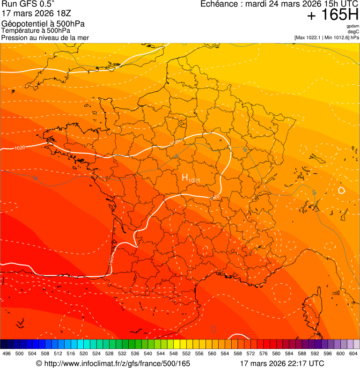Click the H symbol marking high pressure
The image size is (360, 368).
coord(184,177)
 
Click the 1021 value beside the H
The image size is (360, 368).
coord(194,181)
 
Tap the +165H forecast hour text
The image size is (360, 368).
coord(333,15)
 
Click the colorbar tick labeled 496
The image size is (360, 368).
coord(7,353)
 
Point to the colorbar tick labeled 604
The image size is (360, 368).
coord(353,353)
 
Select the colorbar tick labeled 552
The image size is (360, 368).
coord(186,353)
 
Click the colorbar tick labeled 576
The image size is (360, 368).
coord(263,353)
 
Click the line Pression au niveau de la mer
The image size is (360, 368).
coord(45,37)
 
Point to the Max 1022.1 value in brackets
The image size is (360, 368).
coord(311,37)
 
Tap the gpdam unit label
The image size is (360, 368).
coord(353,26)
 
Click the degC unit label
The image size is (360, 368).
coord(354,32)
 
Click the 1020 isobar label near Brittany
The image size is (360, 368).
coord(20,148)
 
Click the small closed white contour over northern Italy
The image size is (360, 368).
coord(341,190)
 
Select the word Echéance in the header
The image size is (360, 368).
coord(217,4)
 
